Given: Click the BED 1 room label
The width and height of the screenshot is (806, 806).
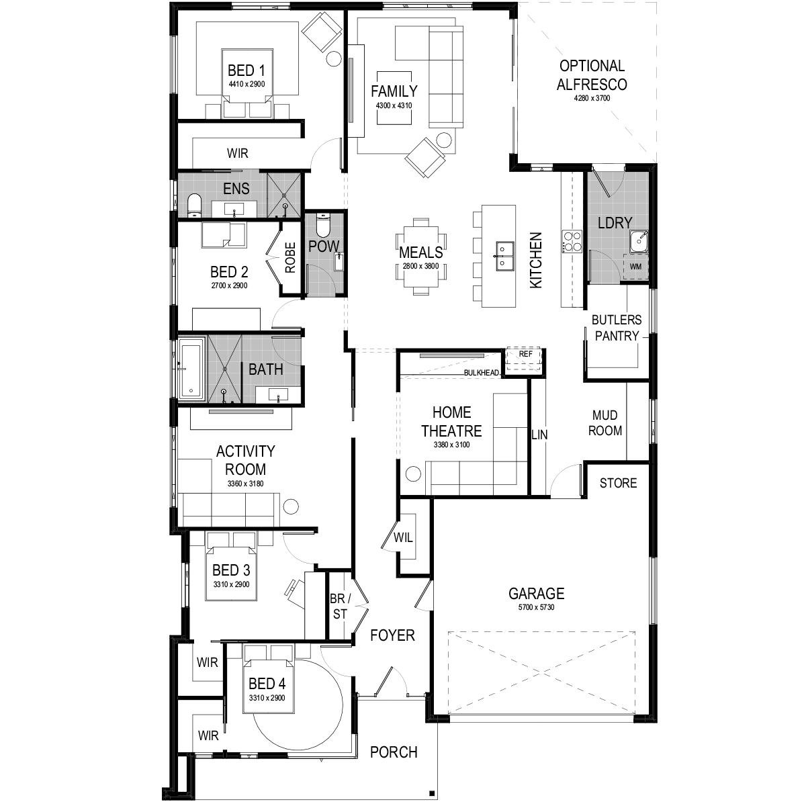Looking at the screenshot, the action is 246,71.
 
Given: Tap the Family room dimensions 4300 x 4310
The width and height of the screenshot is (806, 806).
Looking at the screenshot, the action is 394,105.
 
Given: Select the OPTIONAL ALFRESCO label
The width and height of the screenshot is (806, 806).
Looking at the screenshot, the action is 592,75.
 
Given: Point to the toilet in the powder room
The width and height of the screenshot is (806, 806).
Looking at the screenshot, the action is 323,225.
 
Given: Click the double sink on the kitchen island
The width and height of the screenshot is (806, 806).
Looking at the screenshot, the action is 505,255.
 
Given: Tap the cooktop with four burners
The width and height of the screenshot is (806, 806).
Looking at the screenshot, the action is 572,241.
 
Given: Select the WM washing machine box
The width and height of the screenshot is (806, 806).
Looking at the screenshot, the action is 635,267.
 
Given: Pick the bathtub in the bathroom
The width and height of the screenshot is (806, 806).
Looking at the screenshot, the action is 191,369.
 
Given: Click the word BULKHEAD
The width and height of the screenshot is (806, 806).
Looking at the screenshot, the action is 481,372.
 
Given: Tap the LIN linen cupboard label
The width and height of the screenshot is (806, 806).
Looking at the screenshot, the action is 539,435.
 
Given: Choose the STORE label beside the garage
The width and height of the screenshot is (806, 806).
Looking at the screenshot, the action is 618,483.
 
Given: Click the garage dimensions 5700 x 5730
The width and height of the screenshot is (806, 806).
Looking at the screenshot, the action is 536,607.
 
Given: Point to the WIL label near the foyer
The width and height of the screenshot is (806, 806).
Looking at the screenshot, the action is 403,537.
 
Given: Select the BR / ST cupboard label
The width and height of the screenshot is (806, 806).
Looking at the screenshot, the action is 340,606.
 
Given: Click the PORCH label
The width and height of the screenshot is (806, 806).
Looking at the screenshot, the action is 394,752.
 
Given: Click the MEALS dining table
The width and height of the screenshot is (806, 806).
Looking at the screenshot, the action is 420,257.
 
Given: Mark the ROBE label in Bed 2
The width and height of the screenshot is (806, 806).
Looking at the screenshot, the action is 290,258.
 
